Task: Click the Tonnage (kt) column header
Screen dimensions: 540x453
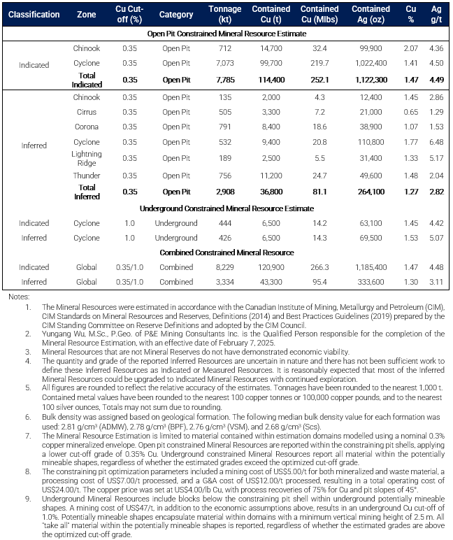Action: pos(225,14)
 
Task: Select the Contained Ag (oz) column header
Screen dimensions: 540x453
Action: pos(371,14)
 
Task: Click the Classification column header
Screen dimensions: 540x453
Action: pos(34,14)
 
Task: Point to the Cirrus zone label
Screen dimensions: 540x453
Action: pos(87,112)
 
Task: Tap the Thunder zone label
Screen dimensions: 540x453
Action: pos(87,176)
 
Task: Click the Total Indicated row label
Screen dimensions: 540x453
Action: pos(87,80)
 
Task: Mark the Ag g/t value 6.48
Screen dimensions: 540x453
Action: pos(436,143)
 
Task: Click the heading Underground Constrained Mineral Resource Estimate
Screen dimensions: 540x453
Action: pos(226,208)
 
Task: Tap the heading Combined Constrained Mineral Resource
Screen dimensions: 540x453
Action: pos(226,253)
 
